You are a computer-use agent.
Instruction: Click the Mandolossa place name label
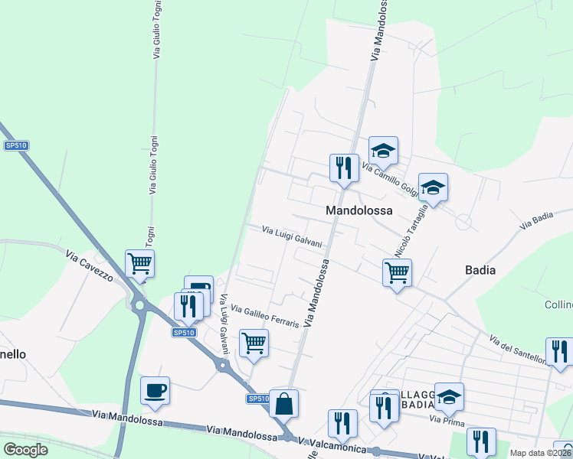pos(359,210)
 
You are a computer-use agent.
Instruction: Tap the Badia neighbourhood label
pos(480,270)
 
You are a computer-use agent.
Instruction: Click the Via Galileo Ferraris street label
pos(264,317)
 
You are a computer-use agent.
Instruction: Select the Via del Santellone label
pos(517,349)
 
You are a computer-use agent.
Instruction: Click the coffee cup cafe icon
pos(155,390)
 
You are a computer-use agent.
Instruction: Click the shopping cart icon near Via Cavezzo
pos(139,263)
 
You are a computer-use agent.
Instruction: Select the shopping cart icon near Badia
pos(397,272)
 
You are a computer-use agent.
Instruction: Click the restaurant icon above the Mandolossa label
pos(344,168)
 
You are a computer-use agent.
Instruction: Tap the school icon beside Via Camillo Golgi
pos(383,149)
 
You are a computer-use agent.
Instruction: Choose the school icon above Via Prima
pos(449,396)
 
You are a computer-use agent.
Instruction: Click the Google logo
pos(25,450)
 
